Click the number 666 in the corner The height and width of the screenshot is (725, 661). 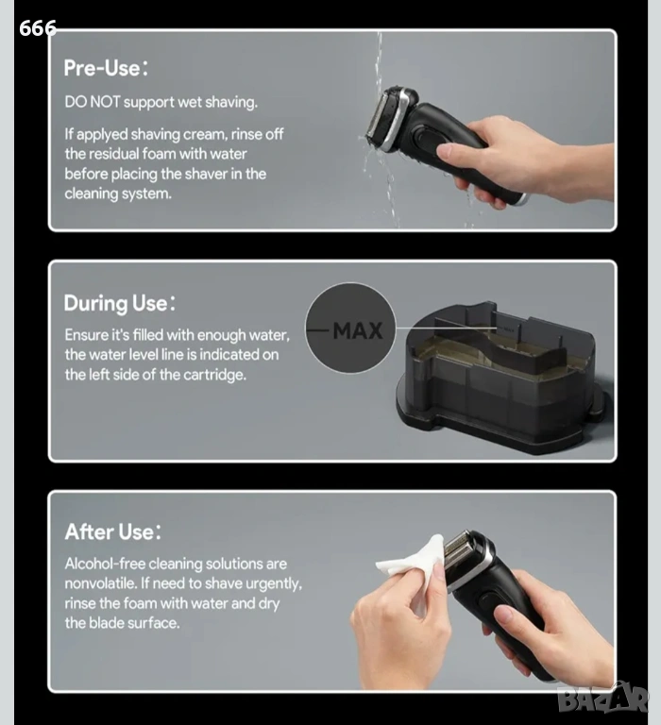[38, 28]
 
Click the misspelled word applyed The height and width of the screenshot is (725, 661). [102, 135]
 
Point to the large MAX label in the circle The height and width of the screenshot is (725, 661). [358, 330]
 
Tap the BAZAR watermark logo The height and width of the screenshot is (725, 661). [602, 699]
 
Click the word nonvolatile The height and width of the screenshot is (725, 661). [100, 583]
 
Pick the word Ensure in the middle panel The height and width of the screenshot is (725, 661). [87, 335]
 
